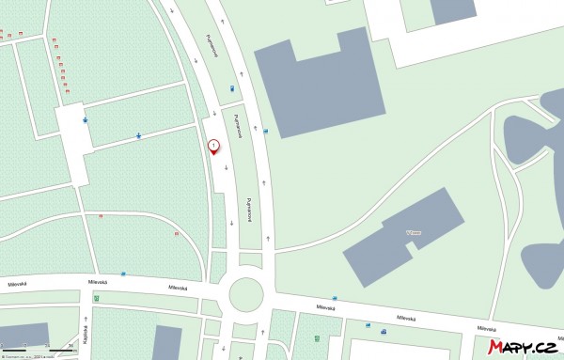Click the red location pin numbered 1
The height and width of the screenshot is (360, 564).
pos(213,146)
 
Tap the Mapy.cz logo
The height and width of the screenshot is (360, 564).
pos(522,348)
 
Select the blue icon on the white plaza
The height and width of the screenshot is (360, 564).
pos(86,120)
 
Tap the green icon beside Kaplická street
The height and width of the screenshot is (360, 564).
pos(96,299)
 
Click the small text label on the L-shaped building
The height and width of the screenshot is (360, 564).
pos(386,231)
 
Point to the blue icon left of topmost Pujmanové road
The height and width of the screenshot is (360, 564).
pos(232,89)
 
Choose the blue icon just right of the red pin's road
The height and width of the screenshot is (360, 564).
pos(265,132)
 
